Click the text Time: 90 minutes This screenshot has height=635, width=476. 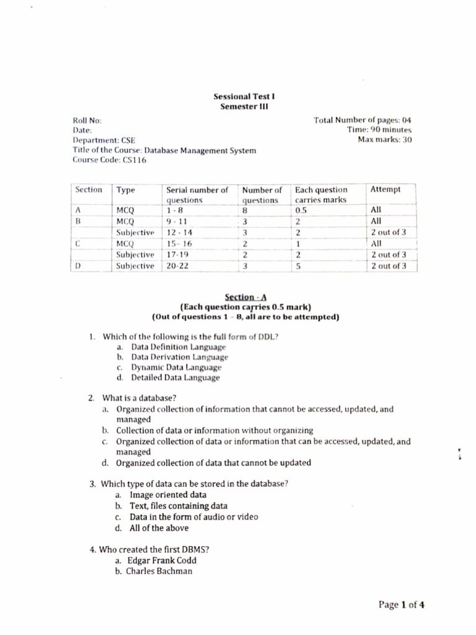(379, 130)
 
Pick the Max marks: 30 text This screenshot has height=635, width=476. (384, 140)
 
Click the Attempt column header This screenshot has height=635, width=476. (385, 190)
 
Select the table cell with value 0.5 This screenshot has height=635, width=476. (301, 211)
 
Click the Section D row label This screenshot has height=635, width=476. (78, 266)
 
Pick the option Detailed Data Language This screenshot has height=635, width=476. (175, 377)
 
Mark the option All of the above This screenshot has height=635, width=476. (159, 528)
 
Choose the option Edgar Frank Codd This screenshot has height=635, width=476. (161, 560)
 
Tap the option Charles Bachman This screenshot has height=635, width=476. (159, 571)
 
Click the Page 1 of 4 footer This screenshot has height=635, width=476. (402, 605)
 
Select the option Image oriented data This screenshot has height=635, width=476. (168, 495)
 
